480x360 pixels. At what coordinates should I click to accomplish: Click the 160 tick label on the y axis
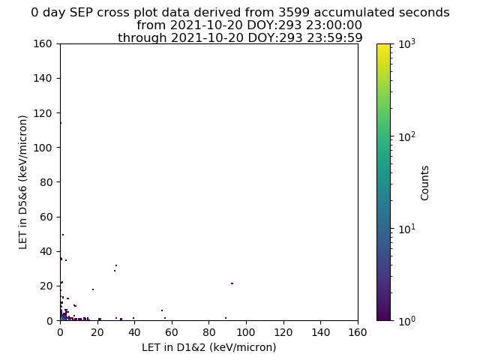(43, 43)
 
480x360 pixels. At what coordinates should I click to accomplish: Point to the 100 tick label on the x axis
(246, 332)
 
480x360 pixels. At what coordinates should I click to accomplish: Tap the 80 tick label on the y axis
(46, 182)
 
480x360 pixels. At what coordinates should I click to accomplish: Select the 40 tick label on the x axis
(134, 332)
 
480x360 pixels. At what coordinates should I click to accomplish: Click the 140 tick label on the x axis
(320, 332)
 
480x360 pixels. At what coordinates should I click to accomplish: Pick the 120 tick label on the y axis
(43, 113)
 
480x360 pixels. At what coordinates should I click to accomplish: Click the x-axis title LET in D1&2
(209, 347)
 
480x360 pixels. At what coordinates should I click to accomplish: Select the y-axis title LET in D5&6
(23, 182)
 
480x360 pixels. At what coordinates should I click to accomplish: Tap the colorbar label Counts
(424, 183)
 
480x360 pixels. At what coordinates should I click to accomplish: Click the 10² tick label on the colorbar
(407, 136)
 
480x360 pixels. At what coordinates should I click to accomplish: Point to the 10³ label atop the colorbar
(407, 43)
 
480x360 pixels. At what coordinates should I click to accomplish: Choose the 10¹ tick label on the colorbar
(407, 229)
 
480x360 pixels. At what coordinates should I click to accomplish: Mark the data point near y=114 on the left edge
(61, 123)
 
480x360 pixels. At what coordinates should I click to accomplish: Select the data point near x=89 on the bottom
(226, 318)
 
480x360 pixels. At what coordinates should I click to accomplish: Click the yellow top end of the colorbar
(383, 45)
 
